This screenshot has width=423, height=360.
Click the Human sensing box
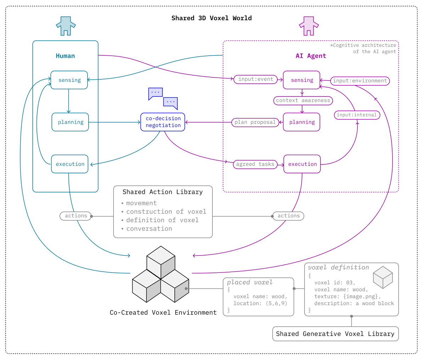point(69,80)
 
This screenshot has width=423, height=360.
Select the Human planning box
point(70,122)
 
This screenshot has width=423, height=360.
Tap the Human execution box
point(70,164)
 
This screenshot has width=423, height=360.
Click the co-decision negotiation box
point(163,122)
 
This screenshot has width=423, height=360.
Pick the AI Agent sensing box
point(302,80)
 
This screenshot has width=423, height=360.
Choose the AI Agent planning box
point(302,122)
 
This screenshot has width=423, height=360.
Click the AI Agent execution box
point(302,164)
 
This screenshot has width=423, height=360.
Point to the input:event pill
point(256,79)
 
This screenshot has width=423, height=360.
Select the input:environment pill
point(360,81)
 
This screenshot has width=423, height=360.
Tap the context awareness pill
point(303,101)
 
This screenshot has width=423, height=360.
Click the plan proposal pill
point(255,123)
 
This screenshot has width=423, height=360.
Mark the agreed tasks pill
point(255,164)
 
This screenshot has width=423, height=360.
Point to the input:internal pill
point(357,115)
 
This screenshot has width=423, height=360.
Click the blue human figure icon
point(66,26)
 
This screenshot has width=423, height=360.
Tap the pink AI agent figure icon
point(309,26)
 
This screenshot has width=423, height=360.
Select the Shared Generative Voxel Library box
point(335,334)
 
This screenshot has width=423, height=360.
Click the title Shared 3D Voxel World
point(211,18)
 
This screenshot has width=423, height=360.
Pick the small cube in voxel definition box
point(383,277)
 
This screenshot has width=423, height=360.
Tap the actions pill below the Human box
point(76,216)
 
